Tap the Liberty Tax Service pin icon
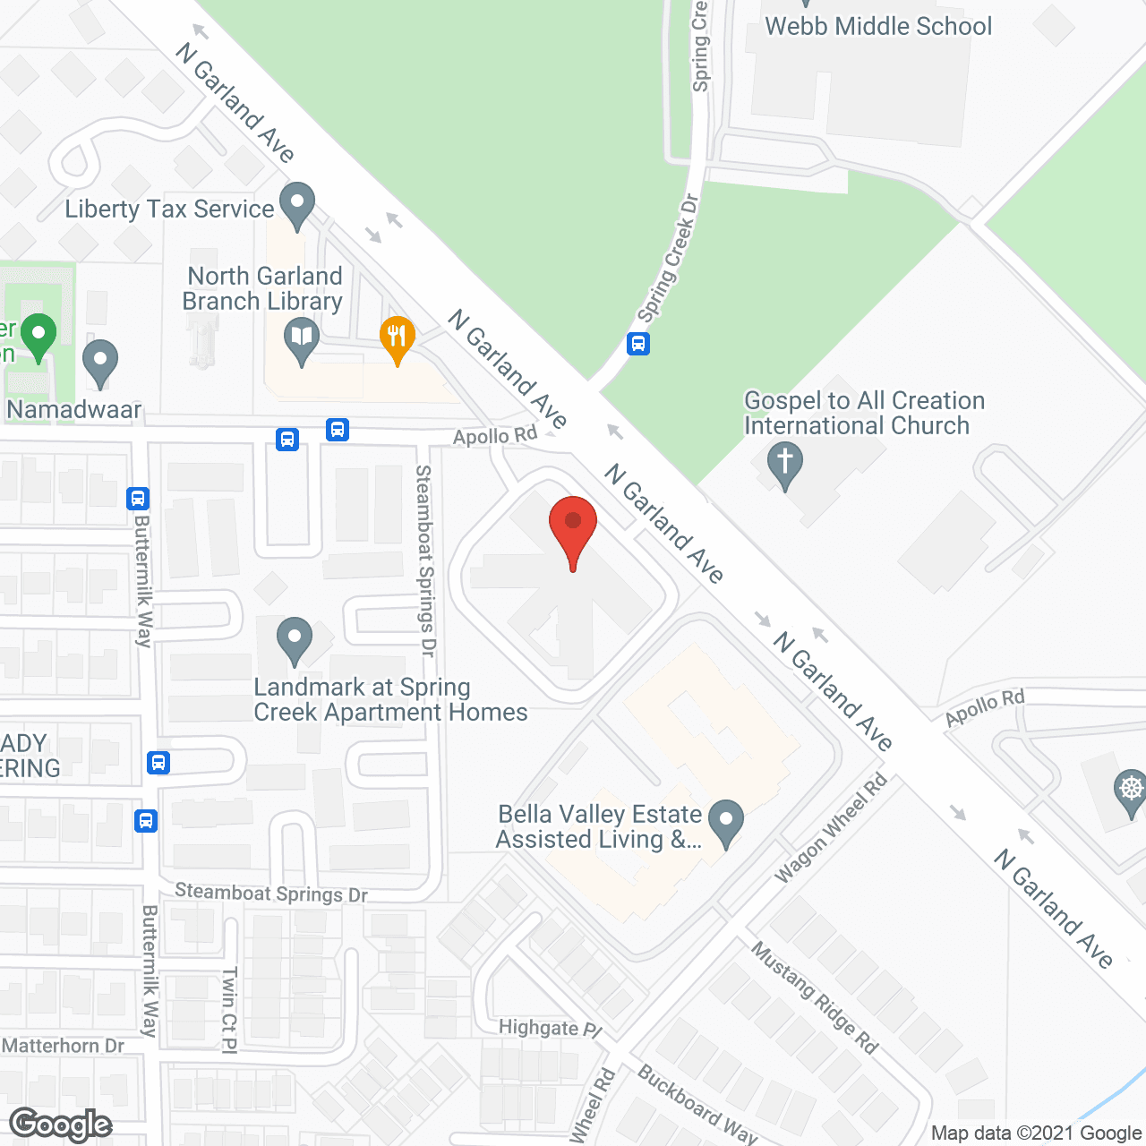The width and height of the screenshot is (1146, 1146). pos(297,205)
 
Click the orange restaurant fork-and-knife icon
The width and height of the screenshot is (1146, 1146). pos(397,339)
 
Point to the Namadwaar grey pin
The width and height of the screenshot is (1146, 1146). pos(99,362)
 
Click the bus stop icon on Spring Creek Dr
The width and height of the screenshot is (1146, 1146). pos(638,343)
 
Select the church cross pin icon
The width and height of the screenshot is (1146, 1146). pos(785,465)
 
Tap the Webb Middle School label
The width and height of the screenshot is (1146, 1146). pos(878,26)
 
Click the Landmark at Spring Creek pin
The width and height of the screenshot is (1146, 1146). pos(294,640)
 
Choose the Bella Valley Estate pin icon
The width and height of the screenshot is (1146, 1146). pos(726,821)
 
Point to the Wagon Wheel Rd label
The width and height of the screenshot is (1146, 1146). pos(830,827)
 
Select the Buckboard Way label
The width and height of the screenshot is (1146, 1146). pos(697,1104)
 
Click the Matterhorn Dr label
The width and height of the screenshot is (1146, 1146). pos(64,1046)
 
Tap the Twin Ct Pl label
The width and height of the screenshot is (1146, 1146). pos(229,1009)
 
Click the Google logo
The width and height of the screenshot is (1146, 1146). pos(61,1125)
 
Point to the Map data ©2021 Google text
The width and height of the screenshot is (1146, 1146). pos(1036,1133)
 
